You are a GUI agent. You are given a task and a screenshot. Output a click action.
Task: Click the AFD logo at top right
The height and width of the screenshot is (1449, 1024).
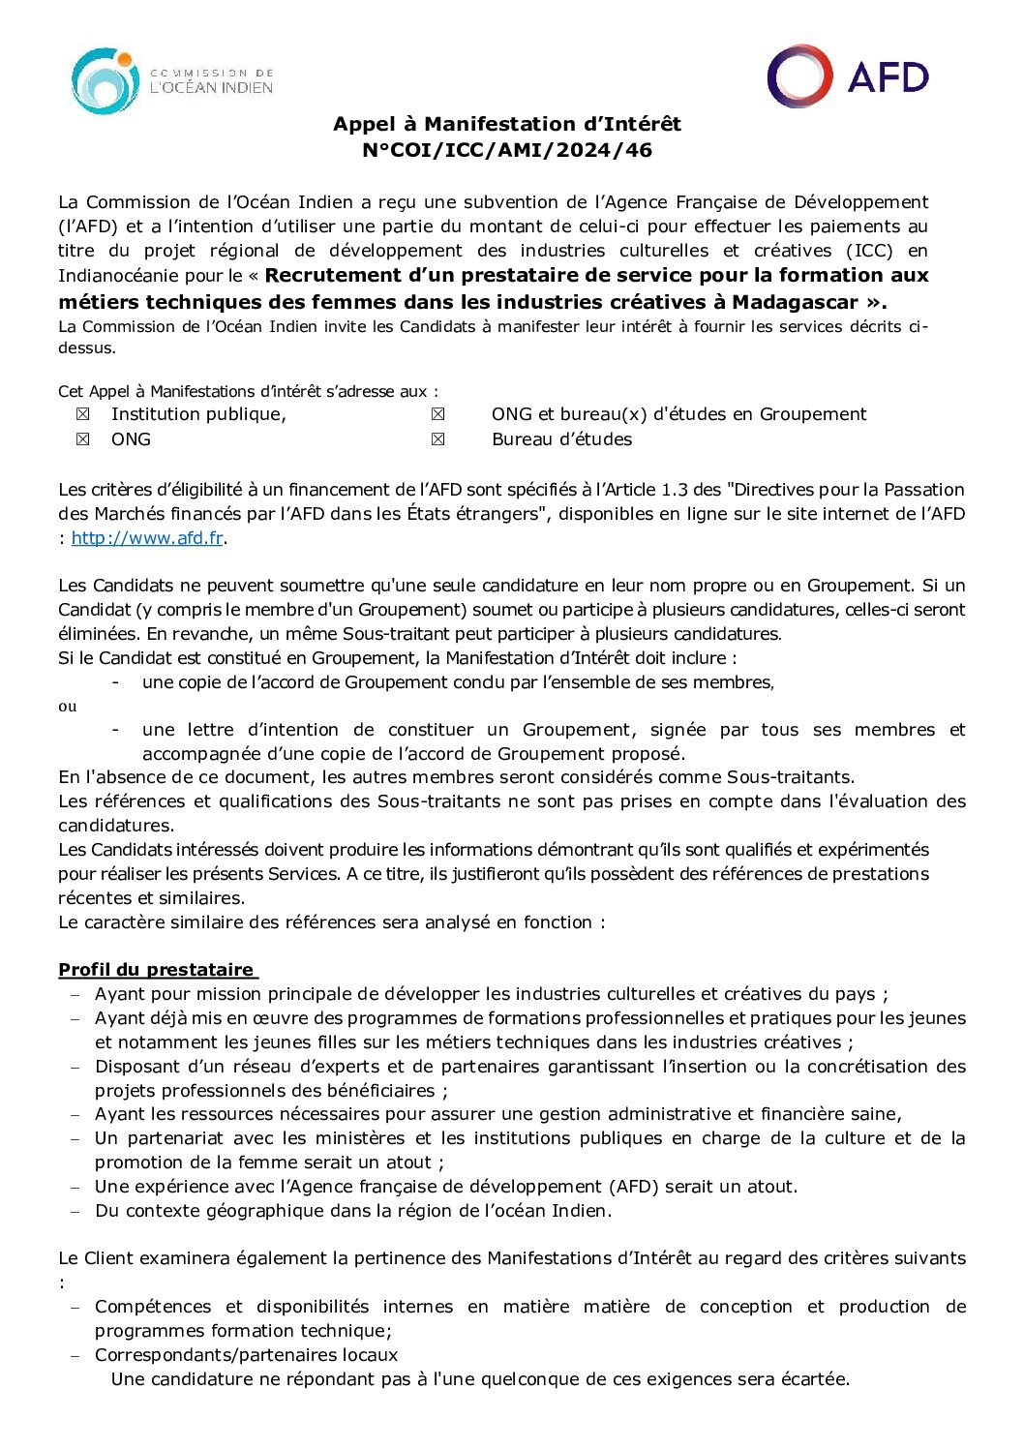pyautogui.click(x=847, y=75)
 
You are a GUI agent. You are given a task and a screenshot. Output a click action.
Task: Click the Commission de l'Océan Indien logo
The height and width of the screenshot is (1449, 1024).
pyautogui.click(x=172, y=81)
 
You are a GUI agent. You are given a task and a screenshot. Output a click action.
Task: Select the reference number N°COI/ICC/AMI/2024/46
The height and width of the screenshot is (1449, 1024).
pyautogui.click(x=507, y=150)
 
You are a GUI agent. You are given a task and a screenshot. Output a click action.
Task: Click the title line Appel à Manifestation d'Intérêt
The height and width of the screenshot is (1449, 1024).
pyautogui.click(x=507, y=124)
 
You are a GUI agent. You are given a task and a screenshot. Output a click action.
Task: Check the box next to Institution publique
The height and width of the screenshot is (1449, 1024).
pyautogui.click(x=83, y=414)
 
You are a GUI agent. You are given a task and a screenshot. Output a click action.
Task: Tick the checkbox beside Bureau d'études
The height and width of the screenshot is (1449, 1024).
pyautogui.click(x=438, y=439)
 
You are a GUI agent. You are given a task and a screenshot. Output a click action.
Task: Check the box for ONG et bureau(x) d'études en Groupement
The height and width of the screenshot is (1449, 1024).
pyautogui.click(x=438, y=414)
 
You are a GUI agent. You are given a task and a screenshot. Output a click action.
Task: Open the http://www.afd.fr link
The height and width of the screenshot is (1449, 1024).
pyautogui.click(x=147, y=538)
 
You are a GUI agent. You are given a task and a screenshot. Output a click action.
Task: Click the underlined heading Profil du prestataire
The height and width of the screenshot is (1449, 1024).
pyautogui.click(x=156, y=970)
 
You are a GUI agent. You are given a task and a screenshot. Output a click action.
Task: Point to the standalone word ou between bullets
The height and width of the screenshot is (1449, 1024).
pyautogui.click(x=67, y=707)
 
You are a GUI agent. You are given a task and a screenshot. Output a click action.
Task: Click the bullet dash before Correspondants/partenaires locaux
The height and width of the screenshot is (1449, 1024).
pyautogui.click(x=75, y=1355)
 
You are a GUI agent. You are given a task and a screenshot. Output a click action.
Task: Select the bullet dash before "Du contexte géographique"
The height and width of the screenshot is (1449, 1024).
pyautogui.click(x=75, y=1211)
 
